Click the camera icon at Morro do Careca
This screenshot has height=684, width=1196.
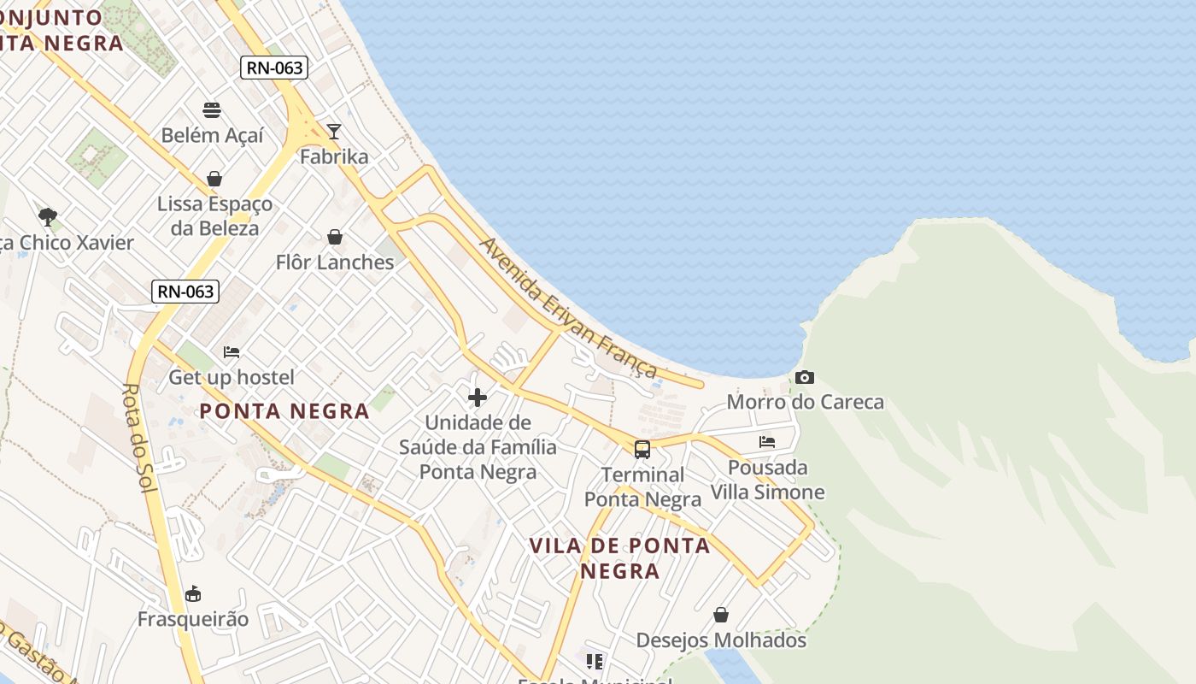pos(804,377)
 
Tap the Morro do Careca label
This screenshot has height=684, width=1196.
pos(805,402)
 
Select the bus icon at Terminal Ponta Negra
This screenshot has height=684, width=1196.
pos(642,450)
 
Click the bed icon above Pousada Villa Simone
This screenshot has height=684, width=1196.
pos(767,442)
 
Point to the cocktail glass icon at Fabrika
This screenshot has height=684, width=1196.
pos(334,132)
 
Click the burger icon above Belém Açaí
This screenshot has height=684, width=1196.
pos(212,110)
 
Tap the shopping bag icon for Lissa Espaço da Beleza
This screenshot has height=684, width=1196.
pos(214,179)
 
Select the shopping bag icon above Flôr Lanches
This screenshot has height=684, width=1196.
pos(335,237)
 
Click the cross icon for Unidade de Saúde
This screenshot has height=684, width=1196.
pos(478,398)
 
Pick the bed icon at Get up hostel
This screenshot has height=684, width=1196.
pos(232,352)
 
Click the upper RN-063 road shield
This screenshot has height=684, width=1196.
pos(273,68)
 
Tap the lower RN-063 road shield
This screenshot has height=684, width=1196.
pos(185,292)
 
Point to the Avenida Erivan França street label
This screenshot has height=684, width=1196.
pos(568,308)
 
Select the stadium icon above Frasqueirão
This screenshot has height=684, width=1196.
pos(193,593)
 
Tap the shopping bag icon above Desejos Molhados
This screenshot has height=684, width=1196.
pos(721,615)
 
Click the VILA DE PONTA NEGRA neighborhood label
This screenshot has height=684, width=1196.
pos(619,558)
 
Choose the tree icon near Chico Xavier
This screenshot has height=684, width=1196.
pos(48,216)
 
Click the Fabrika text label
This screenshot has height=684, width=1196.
pos(334,156)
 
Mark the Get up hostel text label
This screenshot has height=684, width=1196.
pos(232,377)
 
